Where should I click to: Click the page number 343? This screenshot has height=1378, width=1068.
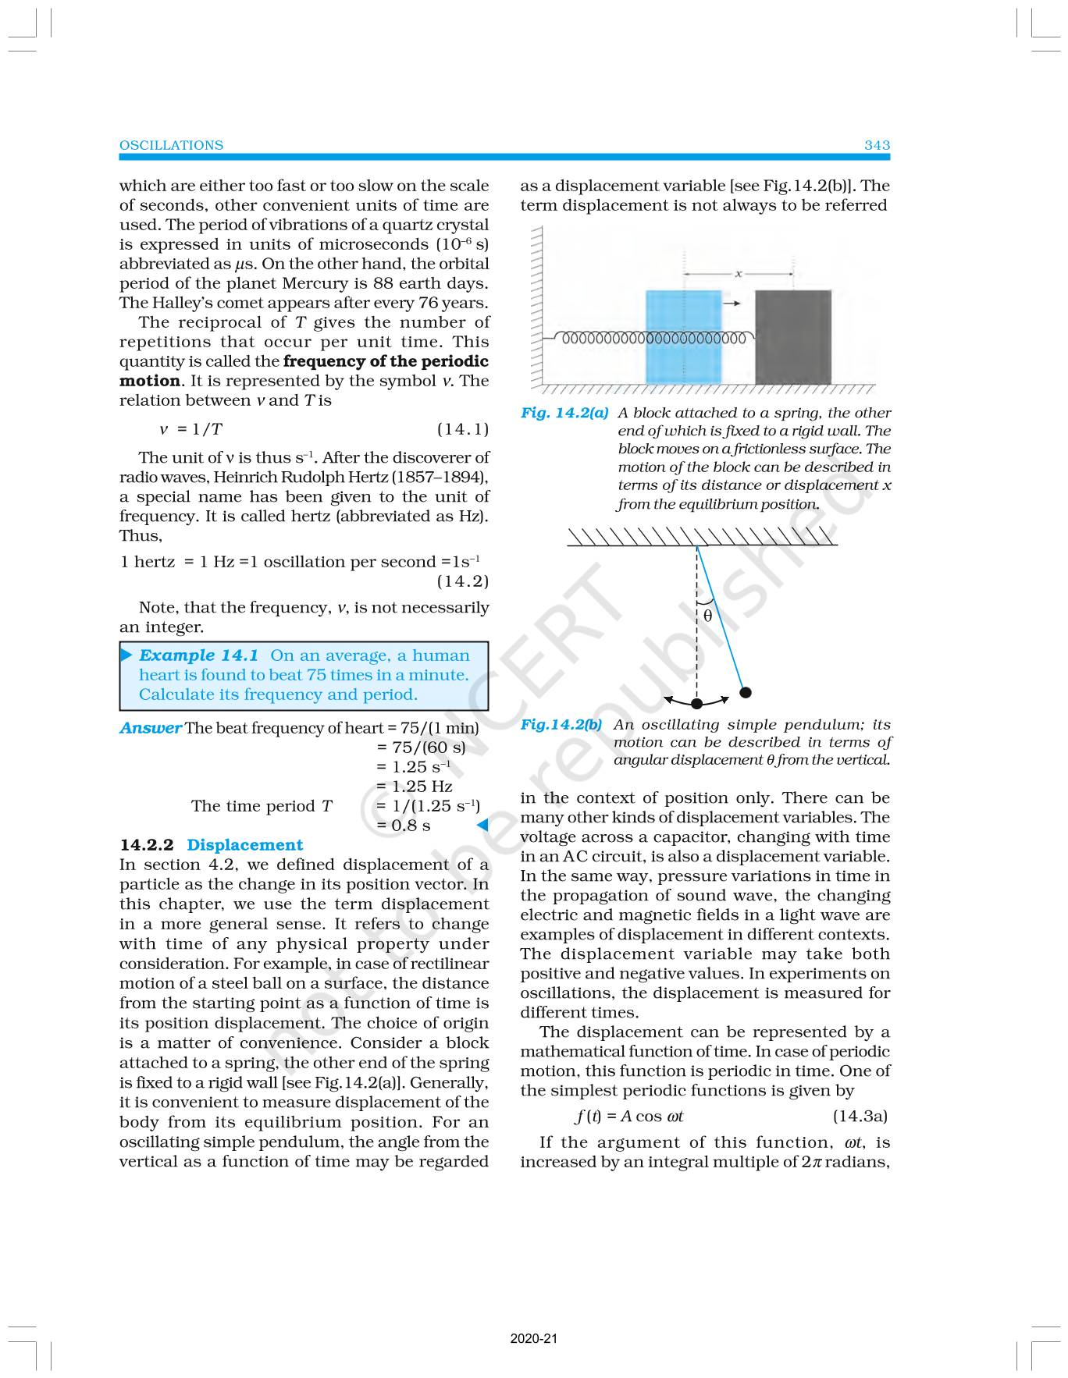point(877,145)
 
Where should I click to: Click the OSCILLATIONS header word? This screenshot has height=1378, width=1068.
point(171,145)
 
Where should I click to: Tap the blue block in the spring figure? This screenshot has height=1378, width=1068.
point(683,337)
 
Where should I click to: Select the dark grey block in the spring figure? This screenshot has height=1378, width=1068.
point(792,337)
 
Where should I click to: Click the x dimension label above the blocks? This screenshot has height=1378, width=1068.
point(738,274)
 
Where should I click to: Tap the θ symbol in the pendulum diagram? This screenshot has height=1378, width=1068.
point(707,616)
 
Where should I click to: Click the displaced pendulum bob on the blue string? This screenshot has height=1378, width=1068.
point(746,692)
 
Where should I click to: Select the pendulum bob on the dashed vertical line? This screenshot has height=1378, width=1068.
point(696,705)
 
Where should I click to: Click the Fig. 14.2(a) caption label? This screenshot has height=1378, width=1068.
point(564,413)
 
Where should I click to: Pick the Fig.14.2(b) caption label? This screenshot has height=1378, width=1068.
point(561,724)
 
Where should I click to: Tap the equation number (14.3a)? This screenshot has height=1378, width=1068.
point(860,1116)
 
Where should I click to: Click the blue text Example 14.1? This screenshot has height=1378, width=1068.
point(198,655)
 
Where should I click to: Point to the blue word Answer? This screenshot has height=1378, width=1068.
point(150,728)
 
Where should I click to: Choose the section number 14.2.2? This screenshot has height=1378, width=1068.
point(148,845)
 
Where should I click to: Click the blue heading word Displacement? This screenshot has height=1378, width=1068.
point(244,845)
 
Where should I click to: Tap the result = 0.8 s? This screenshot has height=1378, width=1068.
point(403,826)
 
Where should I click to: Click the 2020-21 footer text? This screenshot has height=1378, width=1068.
point(534,1339)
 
